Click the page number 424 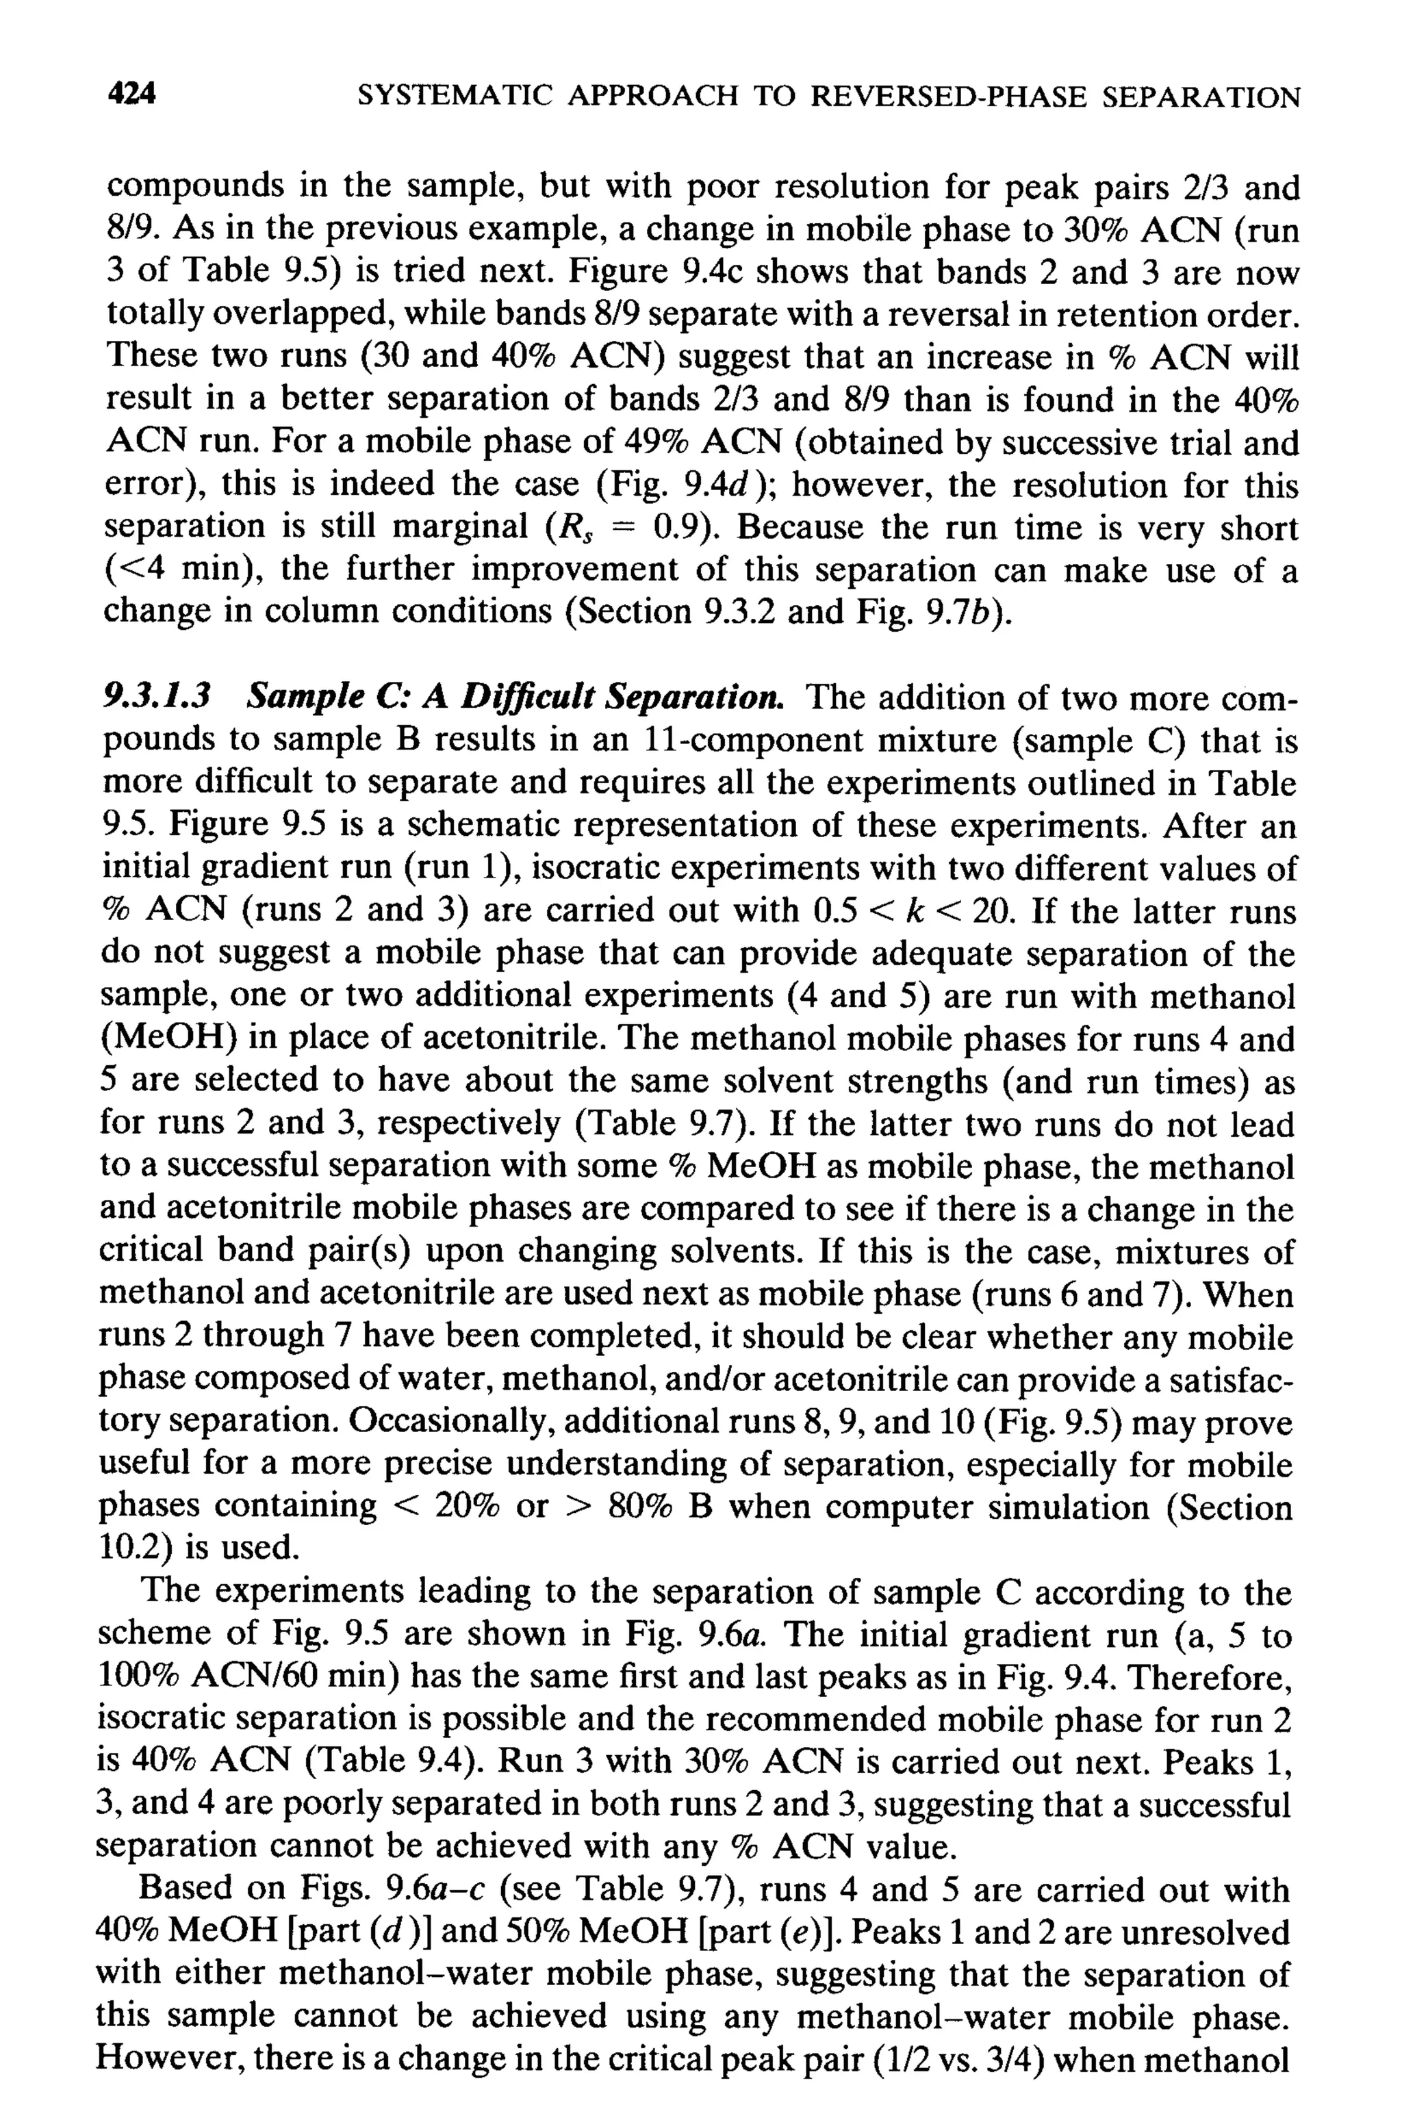coord(131,94)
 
